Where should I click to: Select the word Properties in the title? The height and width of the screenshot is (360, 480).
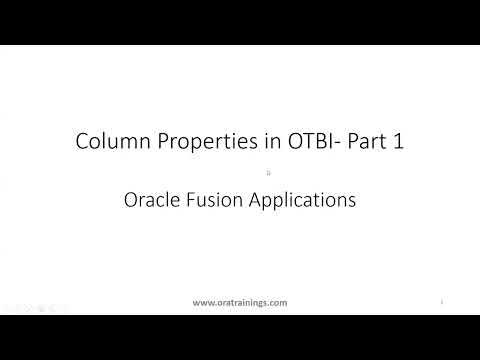point(196,142)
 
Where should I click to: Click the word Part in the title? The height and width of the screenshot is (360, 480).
point(361,142)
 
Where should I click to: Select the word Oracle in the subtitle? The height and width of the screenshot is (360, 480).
point(150,199)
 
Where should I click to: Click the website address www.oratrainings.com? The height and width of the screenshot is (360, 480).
point(240,301)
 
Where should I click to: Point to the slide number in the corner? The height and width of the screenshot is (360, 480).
point(442,300)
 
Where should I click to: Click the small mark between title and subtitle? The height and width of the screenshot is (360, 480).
point(240,172)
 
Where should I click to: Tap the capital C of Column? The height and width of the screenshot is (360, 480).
point(82,142)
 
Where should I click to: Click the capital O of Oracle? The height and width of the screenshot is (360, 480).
point(129,199)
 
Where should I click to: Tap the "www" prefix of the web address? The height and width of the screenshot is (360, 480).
point(202,301)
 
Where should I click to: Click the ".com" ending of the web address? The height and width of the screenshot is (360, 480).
point(279,301)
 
